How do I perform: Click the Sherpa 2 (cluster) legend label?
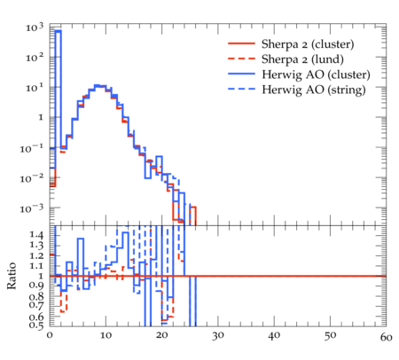pyautogui.click(x=308, y=44)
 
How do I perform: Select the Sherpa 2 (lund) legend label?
pyautogui.click(x=302, y=59)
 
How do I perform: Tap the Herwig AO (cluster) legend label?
pyautogui.click(x=316, y=74)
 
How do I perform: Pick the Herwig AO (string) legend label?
pyautogui.click(x=314, y=90)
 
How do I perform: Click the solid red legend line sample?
pyautogui.click(x=241, y=43)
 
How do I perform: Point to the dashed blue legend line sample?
pyautogui.click(x=241, y=89)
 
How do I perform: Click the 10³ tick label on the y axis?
pyautogui.click(x=35, y=27)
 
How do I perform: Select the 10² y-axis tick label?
pyautogui.click(x=35, y=57)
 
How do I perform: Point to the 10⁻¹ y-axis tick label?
pyautogui.click(x=32, y=148)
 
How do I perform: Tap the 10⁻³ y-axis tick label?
pyautogui.click(x=32, y=208)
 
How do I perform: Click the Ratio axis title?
pyautogui.click(x=12, y=276)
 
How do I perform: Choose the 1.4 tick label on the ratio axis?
pyautogui.click(x=36, y=235)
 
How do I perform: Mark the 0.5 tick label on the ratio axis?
pyautogui.click(x=36, y=325)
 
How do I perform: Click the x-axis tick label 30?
pyautogui.click(x=218, y=336)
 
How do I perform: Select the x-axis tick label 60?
pyautogui.click(x=387, y=337)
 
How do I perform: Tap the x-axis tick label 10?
pyautogui.click(x=106, y=336)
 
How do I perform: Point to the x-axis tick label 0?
pyautogui.click(x=50, y=336)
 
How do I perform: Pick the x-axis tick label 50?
pyautogui.click(x=330, y=336)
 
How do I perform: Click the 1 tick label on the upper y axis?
pyautogui.click(x=41, y=117)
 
